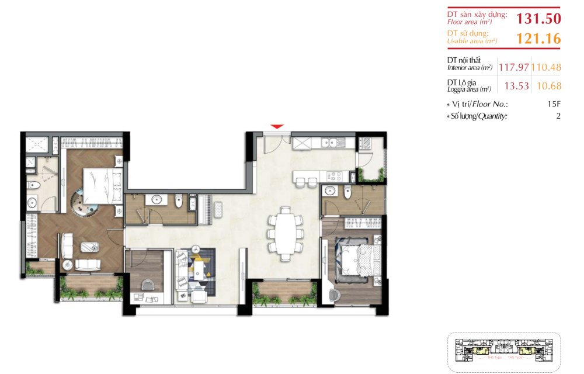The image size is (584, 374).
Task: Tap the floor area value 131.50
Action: tap(538, 18)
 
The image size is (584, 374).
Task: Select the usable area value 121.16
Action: tap(538, 39)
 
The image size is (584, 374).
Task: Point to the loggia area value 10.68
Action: tap(548, 86)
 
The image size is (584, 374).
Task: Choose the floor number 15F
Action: tap(554, 104)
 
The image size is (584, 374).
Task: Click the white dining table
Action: tap(286, 232)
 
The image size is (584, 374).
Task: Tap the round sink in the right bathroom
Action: tap(331, 191)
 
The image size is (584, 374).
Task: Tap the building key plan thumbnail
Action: tap(503, 352)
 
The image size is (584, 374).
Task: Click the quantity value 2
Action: tap(558, 116)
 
